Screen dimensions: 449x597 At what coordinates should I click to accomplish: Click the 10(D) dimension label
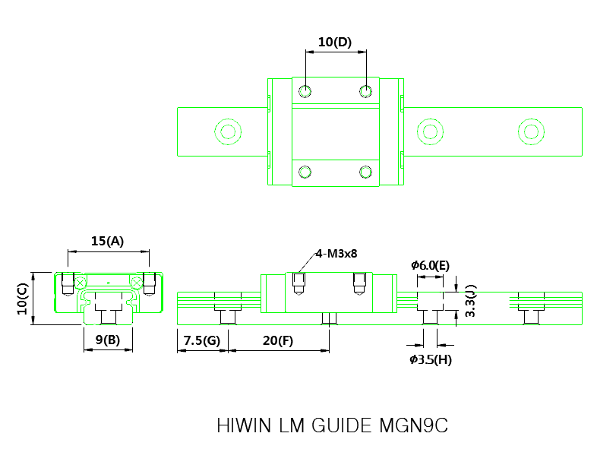[334, 43]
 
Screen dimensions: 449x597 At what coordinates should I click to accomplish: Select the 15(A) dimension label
[107, 241]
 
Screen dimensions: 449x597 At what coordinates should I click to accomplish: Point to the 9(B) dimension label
[107, 340]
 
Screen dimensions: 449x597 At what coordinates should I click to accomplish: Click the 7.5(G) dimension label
[201, 340]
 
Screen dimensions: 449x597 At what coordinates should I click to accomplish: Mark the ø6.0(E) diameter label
[430, 265]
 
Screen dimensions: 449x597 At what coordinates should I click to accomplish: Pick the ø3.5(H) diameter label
[430, 359]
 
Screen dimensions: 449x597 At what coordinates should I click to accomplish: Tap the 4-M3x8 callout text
[336, 254]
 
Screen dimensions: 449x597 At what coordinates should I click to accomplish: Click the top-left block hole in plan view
[305, 92]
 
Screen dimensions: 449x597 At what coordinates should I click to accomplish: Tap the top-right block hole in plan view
[366, 92]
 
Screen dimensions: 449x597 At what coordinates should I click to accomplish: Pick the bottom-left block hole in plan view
[305, 170]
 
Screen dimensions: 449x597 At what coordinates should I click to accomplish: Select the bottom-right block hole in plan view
[366, 170]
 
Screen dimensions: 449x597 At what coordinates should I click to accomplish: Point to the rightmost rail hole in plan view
[531, 131]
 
